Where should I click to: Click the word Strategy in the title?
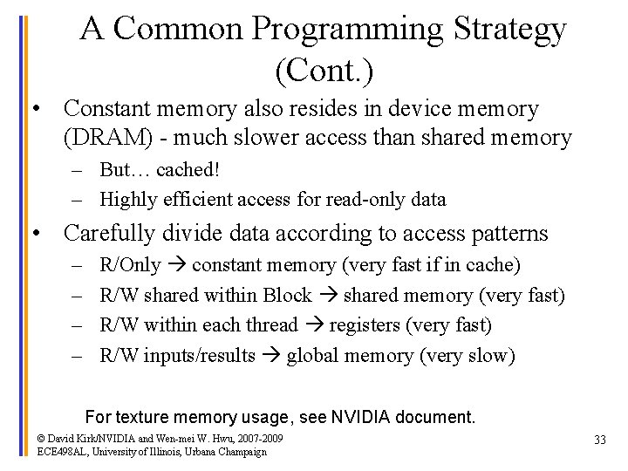[x=510, y=29]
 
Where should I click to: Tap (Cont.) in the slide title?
[x=323, y=69]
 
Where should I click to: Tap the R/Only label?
[x=131, y=265]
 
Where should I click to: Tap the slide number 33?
[x=599, y=440]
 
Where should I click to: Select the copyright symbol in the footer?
[x=41, y=438]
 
